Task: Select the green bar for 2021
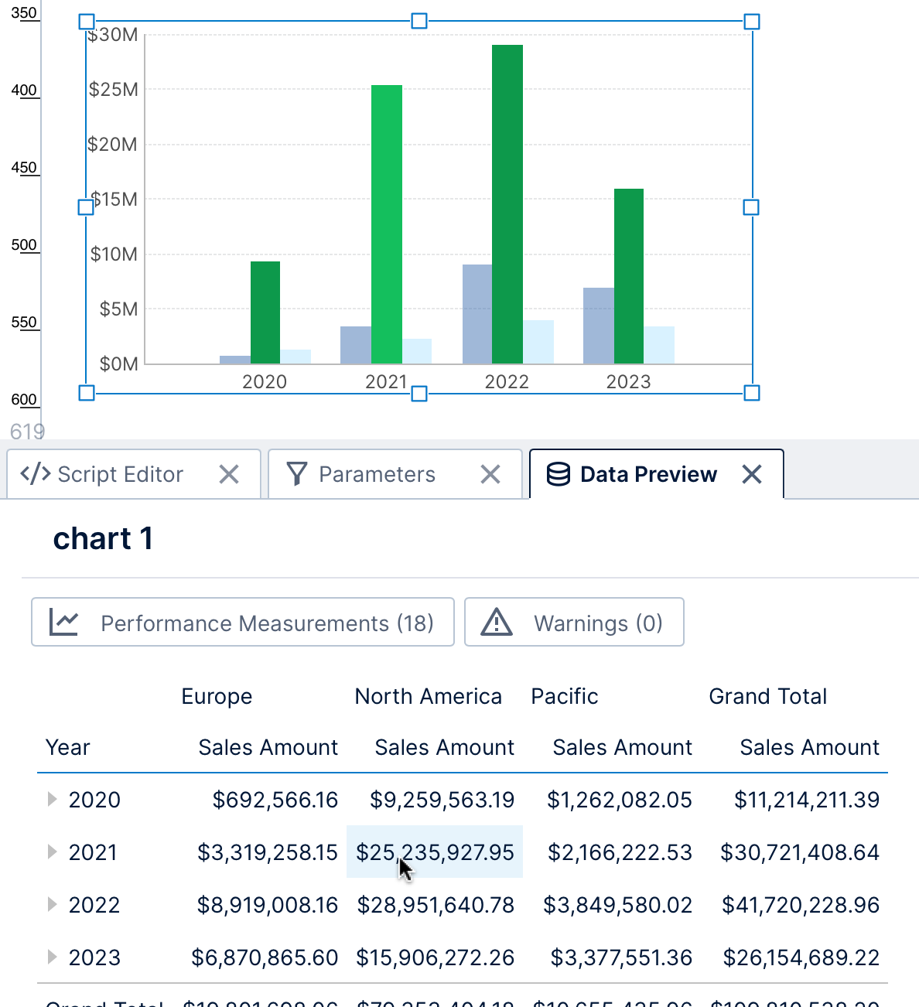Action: point(387,224)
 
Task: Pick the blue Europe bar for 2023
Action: point(598,326)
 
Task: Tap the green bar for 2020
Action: point(265,312)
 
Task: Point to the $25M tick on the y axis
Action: point(114,90)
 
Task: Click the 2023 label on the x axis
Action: point(628,381)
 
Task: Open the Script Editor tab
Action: point(120,474)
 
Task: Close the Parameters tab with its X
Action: point(490,474)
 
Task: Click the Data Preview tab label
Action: point(648,474)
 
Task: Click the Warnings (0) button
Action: point(574,623)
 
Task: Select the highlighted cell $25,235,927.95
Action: point(435,852)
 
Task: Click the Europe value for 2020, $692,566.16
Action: point(275,800)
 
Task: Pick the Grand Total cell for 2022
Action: point(800,905)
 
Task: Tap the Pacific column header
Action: point(565,696)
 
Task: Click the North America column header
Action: point(428,696)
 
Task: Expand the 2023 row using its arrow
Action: point(52,958)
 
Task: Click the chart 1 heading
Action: point(103,538)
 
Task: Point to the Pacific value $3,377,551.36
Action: point(621,958)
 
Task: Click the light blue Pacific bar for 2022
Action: point(538,342)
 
